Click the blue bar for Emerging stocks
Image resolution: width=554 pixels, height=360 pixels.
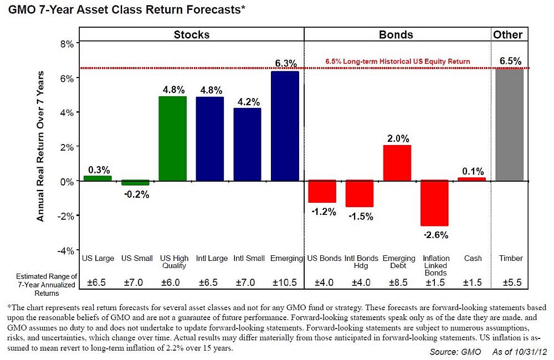[x=285, y=126]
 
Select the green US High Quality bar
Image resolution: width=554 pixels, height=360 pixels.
[x=172, y=138]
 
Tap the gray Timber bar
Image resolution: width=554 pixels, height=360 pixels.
[x=509, y=125]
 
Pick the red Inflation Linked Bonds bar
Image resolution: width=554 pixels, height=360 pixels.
[x=435, y=203]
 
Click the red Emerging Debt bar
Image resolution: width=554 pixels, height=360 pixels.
[x=397, y=163]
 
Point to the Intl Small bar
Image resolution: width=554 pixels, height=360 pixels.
[x=247, y=145]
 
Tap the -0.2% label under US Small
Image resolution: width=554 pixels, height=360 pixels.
[x=136, y=194]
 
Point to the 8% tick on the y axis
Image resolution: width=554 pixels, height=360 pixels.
[x=66, y=44]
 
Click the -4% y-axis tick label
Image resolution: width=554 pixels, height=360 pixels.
[x=65, y=250]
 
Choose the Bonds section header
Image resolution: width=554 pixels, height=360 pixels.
[x=396, y=34]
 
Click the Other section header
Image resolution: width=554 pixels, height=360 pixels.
[x=507, y=34]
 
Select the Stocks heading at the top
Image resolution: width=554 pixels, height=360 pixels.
[x=192, y=34]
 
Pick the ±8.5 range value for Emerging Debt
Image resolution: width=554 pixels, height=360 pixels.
[x=398, y=283]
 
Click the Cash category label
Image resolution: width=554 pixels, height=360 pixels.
[x=473, y=259]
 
